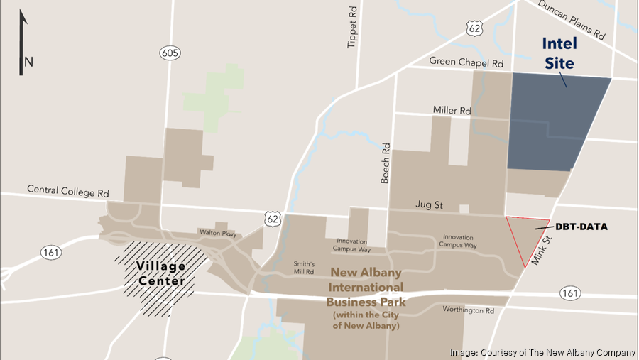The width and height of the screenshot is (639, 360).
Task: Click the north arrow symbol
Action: click(21, 43)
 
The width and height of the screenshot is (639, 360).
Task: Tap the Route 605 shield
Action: click(169, 53)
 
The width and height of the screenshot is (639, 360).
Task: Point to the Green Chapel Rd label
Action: click(466, 62)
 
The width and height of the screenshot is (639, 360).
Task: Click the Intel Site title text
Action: click(559, 53)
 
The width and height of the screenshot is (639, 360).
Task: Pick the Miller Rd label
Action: click(452, 110)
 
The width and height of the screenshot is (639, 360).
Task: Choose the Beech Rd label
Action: click(386, 163)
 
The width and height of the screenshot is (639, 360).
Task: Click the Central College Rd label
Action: click(68, 190)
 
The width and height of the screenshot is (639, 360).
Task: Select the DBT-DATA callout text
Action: click(581, 227)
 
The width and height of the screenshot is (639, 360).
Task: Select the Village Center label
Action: click(162, 273)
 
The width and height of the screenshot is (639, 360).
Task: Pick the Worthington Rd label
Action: click(468, 310)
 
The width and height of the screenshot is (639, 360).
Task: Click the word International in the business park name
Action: click(366, 287)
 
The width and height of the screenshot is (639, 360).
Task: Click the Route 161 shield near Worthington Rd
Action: click(569, 292)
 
